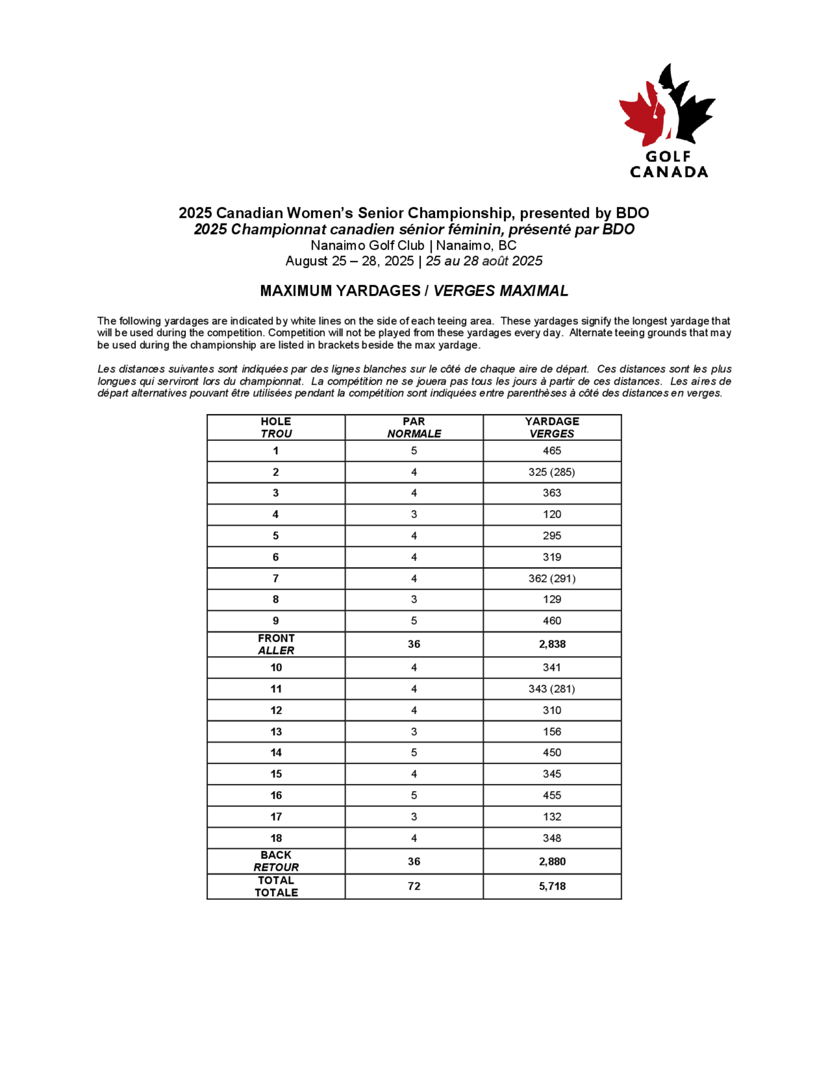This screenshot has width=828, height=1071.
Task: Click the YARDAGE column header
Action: click(x=552, y=427)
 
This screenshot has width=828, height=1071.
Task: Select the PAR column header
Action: click(x=414, y=427)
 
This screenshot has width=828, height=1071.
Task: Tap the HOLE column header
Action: click(x=276, y=427)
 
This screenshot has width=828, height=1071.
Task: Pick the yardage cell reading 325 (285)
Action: click(x=552, y=472)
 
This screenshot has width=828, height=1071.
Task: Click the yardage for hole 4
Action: click(x=552, y=514)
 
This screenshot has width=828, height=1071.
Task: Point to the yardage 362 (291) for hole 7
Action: click(x=552, y=578)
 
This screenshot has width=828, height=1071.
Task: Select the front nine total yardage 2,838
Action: click(x=552, y=644)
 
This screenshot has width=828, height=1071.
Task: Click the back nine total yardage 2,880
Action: click(x=552, y=861)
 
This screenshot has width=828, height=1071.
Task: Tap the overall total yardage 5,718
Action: click(x=552, y=886)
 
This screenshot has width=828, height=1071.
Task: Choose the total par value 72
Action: click(x=414, y=886)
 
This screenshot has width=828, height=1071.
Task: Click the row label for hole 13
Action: click(x=276, y=732)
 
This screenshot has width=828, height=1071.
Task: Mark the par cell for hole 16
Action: click(x=414, y=795)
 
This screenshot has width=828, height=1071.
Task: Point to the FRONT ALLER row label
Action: click(x=276, y=644)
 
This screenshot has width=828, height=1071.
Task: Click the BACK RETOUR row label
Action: click(x=276, y=861)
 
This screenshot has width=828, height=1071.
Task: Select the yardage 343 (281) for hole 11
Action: click(x=552, y=689)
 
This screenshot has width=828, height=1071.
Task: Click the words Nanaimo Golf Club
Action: click(x=367, y=245)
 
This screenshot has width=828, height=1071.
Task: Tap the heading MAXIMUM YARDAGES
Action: click(x=340, y=291)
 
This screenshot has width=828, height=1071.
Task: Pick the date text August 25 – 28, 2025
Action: click(x=349, y=261)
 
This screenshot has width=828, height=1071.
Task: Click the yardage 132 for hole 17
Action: click(x=552, y=816)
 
